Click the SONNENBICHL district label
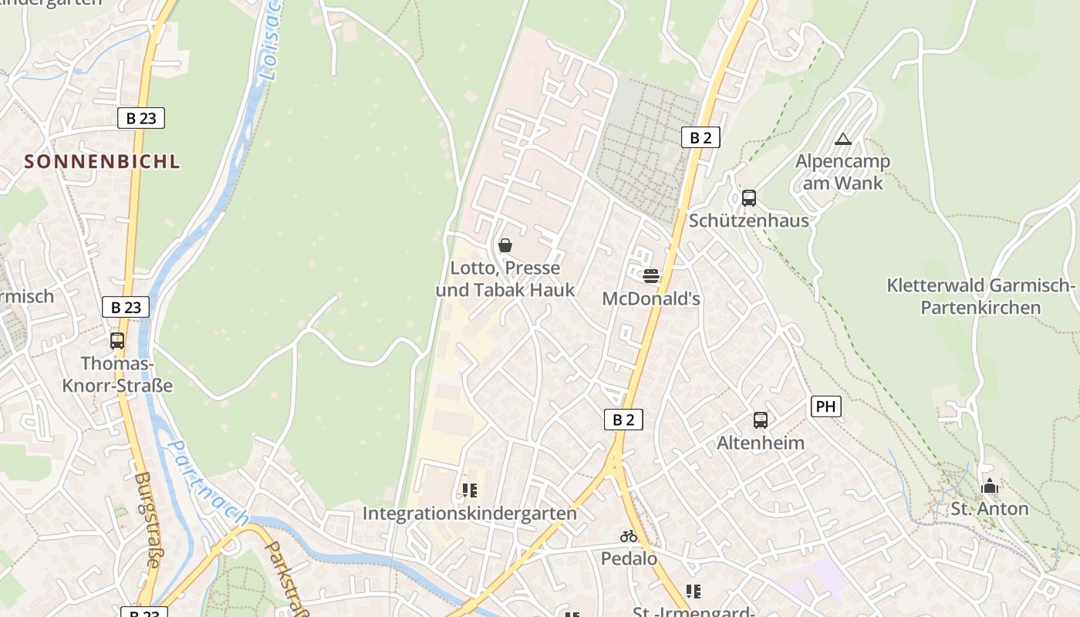(x=102, y=161)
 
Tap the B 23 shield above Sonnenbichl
(x=141, y=118)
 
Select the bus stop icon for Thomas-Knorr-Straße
(x=117, y=340)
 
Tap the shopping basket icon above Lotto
(x=505, y=245)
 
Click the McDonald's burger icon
(x=651, y=275)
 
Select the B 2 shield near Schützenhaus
(x=700, y=137)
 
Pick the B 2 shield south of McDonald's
(x=623, y=420)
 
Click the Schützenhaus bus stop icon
(x=748, y=198)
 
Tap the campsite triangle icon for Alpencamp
(x=842, y=140)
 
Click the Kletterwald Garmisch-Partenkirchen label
(x=980, y=296)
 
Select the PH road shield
(x=825, y=406)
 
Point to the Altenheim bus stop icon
(x=761, y=420)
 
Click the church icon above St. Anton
(x=989, y=486)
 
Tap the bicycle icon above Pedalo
(x=629, y=535)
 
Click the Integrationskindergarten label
(x=470, y=513)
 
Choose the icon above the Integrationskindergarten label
(x=470, y=490)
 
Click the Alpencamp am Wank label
(x=842, y=172)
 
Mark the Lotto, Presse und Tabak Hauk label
(x=505, y=279)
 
